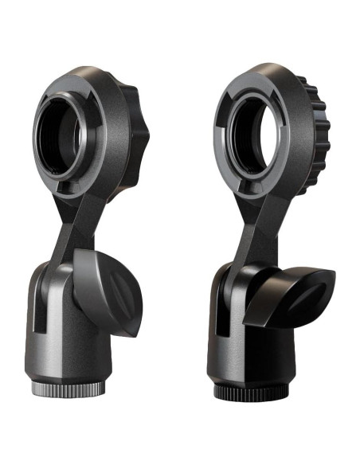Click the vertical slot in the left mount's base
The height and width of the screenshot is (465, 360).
click(33, 307)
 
